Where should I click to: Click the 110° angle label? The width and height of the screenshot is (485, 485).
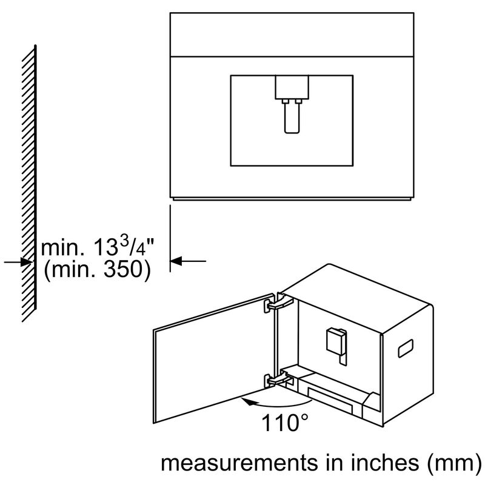[x=285, y=423]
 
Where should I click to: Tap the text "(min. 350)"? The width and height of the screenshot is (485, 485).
[x=98, y=270]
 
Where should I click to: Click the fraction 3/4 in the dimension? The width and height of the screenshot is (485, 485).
[x=132, y=246]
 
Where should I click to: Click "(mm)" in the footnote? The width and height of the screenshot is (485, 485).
[x=454, y=464]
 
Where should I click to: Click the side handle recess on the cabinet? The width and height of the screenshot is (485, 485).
[x=405, y=348]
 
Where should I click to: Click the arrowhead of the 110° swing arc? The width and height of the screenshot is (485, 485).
[x=249, y=402]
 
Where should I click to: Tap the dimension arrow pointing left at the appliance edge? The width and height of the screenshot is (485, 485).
[x=188, y=261]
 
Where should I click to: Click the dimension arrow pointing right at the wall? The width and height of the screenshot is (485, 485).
[x=19, y=262]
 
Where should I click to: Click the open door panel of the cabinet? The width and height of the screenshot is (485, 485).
[x=214, y=358]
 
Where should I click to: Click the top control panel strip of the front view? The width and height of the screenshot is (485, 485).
[x=292, y=35]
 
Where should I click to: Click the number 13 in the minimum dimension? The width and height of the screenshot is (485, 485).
[x=105, y=248]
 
